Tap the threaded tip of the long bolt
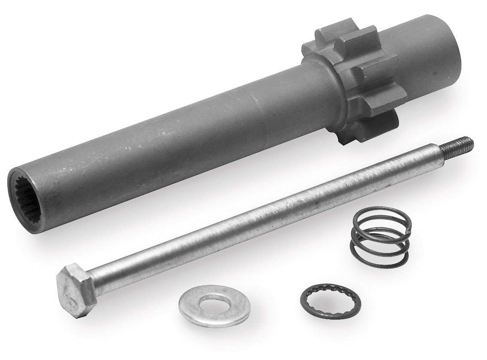pyautogui.click(x=462, y=143)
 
